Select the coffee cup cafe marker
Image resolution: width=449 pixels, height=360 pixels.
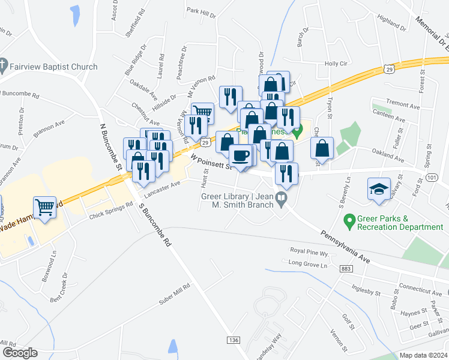click(x=241, y=156)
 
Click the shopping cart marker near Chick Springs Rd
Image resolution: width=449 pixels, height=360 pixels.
click(x=45, y=208)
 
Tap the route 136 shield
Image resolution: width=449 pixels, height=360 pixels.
click(x=234, y=340)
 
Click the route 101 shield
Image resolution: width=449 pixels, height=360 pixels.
click(x=433, y=178)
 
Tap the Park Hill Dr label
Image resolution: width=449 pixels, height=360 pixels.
click(x=200, y=11)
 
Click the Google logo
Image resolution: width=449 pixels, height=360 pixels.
click(x=20, y=353)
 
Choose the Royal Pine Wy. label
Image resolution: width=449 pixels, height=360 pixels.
click(x=310, y=253)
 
